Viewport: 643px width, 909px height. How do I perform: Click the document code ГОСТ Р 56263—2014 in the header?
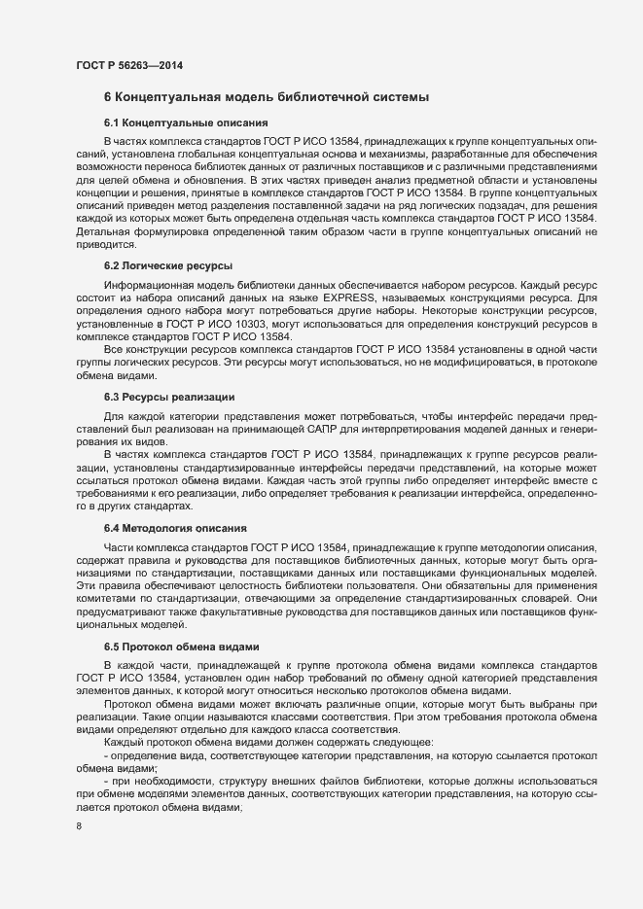[129, 66]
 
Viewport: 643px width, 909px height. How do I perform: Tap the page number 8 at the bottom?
[78, 827]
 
